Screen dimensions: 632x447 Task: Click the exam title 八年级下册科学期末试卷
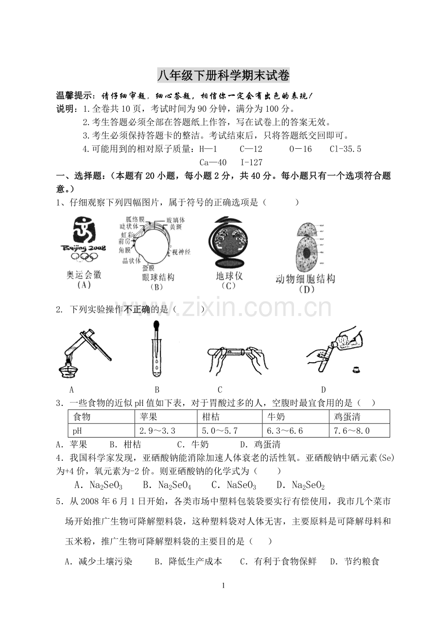223,76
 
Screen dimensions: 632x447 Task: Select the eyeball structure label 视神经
181,251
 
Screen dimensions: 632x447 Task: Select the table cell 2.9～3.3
157,430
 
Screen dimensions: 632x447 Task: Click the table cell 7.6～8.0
352,430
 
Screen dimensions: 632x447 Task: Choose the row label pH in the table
77,430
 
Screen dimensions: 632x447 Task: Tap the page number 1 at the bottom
223,585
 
